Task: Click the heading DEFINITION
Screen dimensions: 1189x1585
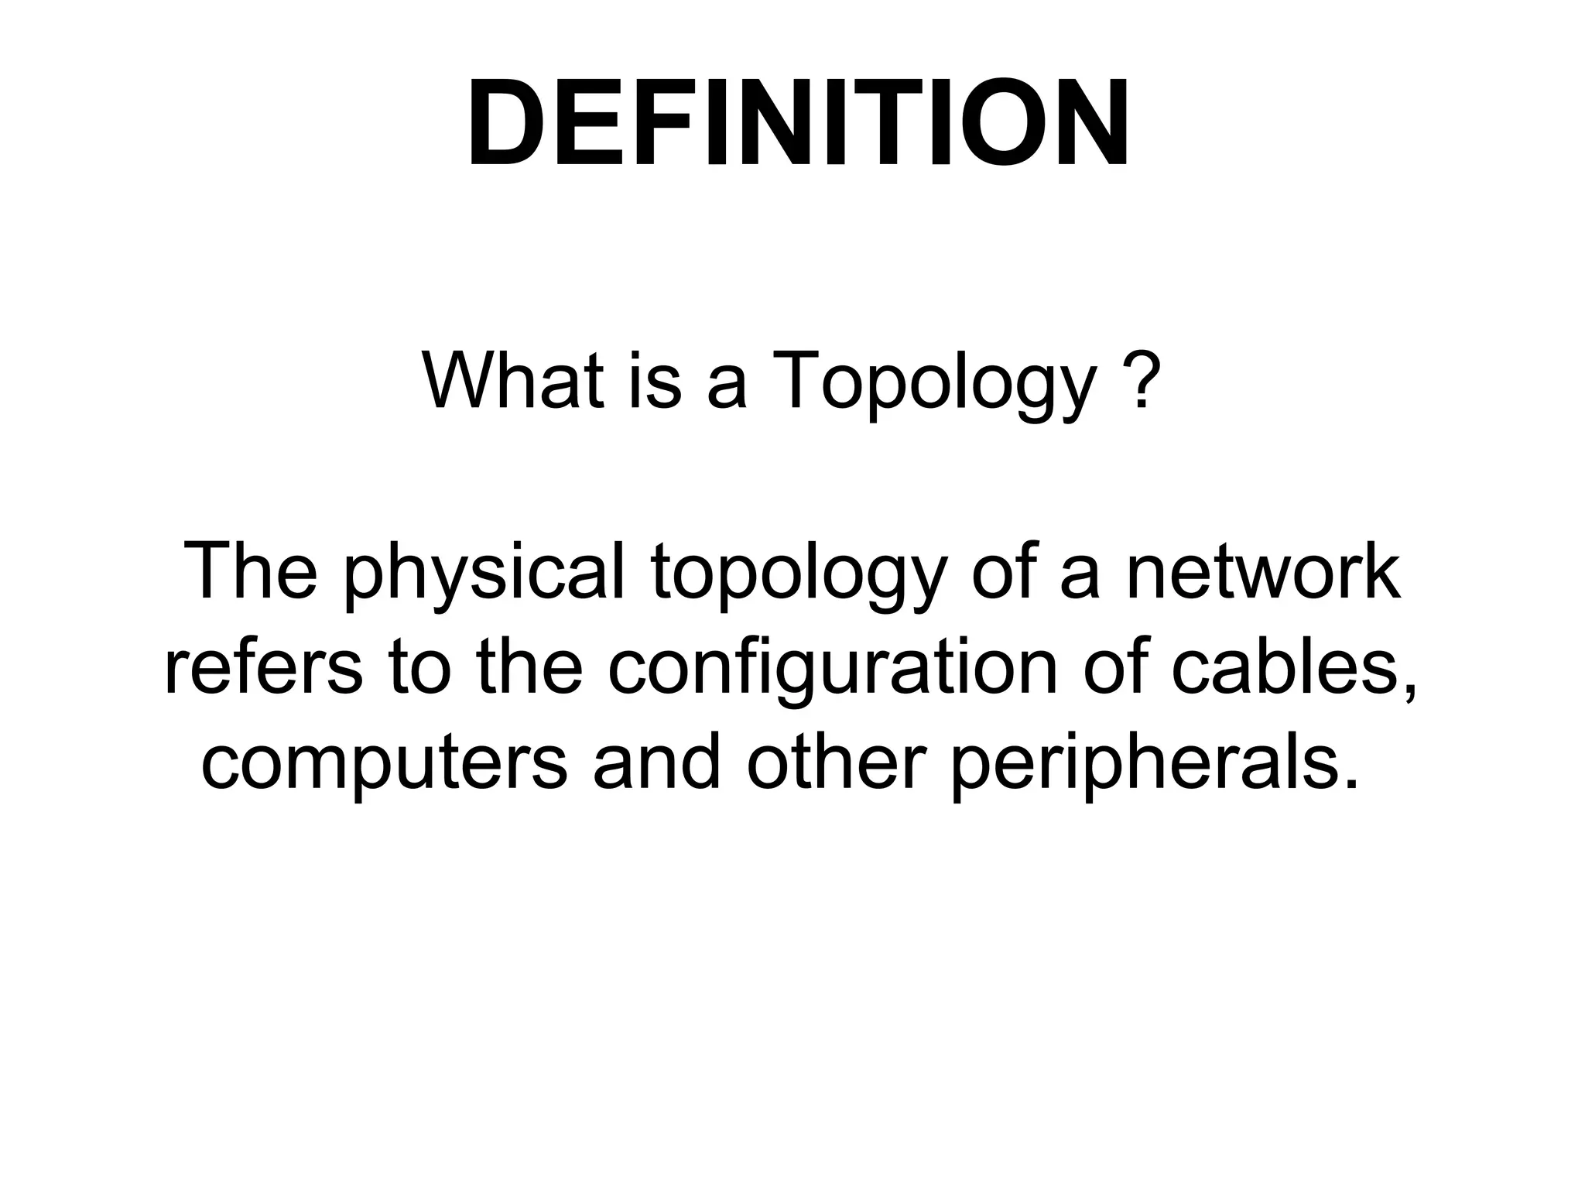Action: point(797,124)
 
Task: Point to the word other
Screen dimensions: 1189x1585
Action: point(836,762)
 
